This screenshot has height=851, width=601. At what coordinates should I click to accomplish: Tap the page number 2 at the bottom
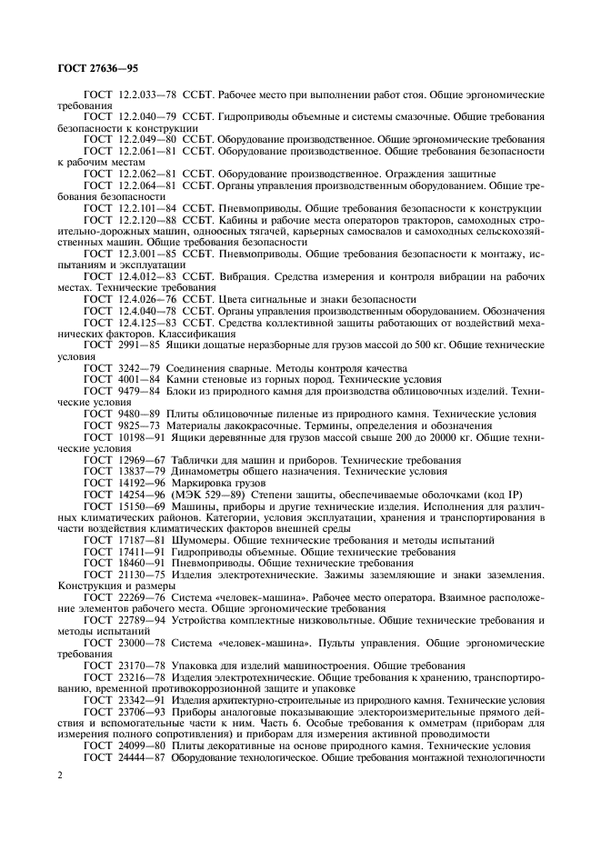tap(59, 775)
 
